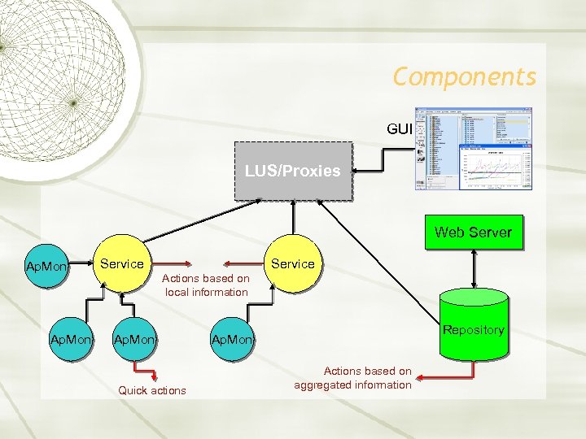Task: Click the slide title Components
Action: (x=464, y=76)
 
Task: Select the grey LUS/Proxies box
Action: (x=293, y=171)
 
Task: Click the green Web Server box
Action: (x=473, y=233)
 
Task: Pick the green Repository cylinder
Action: (x=473, y=325)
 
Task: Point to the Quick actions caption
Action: (x=152, y=390)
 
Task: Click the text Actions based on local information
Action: (x=207, y=285)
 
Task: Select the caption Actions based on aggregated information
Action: (x=353, y=378)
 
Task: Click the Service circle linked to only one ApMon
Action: (x=291, y=263)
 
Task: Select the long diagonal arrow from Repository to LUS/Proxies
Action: (x=383, y=260)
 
